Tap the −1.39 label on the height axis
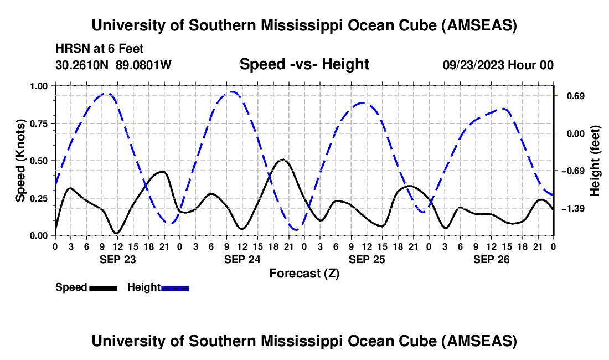pos(573,209)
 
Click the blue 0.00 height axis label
pos(576,134)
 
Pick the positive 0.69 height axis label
pos(576,96)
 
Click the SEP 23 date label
pos(118,259)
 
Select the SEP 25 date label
pos(367,259)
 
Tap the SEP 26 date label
pos(491,259)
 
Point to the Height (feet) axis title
pos(595,161)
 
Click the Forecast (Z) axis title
pos(304,274)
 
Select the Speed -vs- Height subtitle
pos(304,64)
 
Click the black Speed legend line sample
pos(104,288)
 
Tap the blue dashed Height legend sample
pos(175,288)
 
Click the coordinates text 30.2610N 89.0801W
pos(113,65)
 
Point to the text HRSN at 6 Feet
pos(100,49)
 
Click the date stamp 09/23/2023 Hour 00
pos(498,65)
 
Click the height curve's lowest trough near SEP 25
pos(297,230)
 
